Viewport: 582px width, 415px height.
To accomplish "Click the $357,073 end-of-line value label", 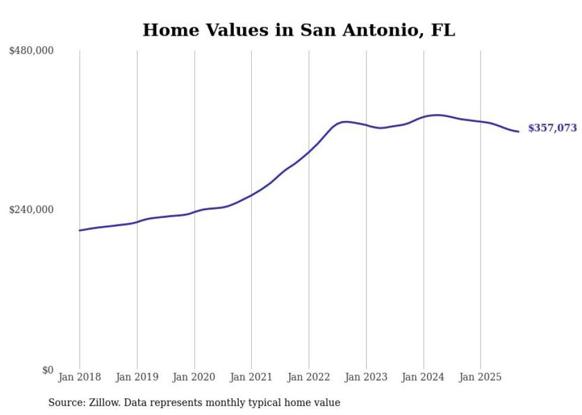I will click(552, 128).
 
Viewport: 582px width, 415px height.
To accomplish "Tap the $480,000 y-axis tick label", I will click(31, 51).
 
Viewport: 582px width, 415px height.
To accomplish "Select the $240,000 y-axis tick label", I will click(31, 210).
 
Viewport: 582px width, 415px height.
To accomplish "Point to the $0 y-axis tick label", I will click(48, 370).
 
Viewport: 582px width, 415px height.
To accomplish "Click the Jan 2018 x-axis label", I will click(80, 377).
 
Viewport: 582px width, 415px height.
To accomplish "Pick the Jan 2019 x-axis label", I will click(137, 377).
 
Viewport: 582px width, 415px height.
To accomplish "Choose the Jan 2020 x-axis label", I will click(194, 377).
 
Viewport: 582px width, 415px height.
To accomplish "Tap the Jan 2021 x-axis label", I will click(251, 377).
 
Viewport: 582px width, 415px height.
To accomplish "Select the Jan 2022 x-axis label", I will click(309, 377).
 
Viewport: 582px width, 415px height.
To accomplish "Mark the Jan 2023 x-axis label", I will click(366, 377).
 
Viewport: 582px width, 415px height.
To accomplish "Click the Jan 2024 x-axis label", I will click(423, 377).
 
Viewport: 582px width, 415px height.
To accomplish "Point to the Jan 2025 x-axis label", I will click(480, 377).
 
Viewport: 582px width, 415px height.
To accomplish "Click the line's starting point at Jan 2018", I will click(80, 230).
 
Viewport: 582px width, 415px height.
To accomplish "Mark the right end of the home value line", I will click(519, 131).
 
